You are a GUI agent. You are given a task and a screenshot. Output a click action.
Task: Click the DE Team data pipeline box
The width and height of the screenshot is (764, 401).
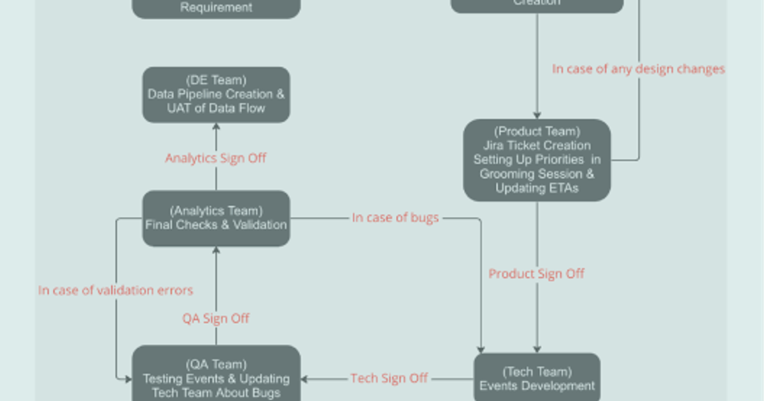pos(216,95)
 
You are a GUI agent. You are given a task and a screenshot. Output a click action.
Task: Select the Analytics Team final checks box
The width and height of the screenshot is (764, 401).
pos(216,218)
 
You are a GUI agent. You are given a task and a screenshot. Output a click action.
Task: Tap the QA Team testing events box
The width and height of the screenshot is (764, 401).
pos(216,376)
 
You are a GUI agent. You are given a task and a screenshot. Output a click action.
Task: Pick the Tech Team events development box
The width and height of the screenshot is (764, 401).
pos(537,379)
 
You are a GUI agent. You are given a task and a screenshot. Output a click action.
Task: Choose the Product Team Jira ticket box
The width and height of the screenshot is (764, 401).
pos(537,160)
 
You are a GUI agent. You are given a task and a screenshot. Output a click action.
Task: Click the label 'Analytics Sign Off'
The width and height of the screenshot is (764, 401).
pos(216,158)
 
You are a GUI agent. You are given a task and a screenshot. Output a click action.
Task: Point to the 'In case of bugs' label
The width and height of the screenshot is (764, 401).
pos(395,218)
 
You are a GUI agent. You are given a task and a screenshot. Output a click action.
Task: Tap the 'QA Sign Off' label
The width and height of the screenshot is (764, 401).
pos(216,318)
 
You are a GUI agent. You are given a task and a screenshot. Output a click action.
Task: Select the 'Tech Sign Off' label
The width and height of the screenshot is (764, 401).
pos(389,378)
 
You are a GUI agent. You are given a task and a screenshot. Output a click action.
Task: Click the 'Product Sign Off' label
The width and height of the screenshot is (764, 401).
pos(537,274)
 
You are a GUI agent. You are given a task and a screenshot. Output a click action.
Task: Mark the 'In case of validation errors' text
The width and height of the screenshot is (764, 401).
pos(115,290)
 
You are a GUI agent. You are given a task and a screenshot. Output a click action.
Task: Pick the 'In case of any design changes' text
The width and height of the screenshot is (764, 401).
pos(638,69)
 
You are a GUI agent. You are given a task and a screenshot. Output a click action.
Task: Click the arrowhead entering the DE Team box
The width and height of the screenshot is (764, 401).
pos(216,127)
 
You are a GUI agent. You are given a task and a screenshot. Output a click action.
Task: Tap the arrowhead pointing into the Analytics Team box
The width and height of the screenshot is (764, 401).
pos(216,250)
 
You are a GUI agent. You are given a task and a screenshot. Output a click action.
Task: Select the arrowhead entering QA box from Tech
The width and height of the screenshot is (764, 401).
pos(304,379)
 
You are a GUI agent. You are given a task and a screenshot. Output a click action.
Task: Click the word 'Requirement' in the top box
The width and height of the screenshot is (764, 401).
pos(216,8)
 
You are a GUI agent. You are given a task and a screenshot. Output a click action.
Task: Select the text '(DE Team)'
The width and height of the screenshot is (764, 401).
pos(216,80)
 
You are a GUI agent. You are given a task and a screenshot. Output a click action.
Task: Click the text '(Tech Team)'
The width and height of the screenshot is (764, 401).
pos(537,372)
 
